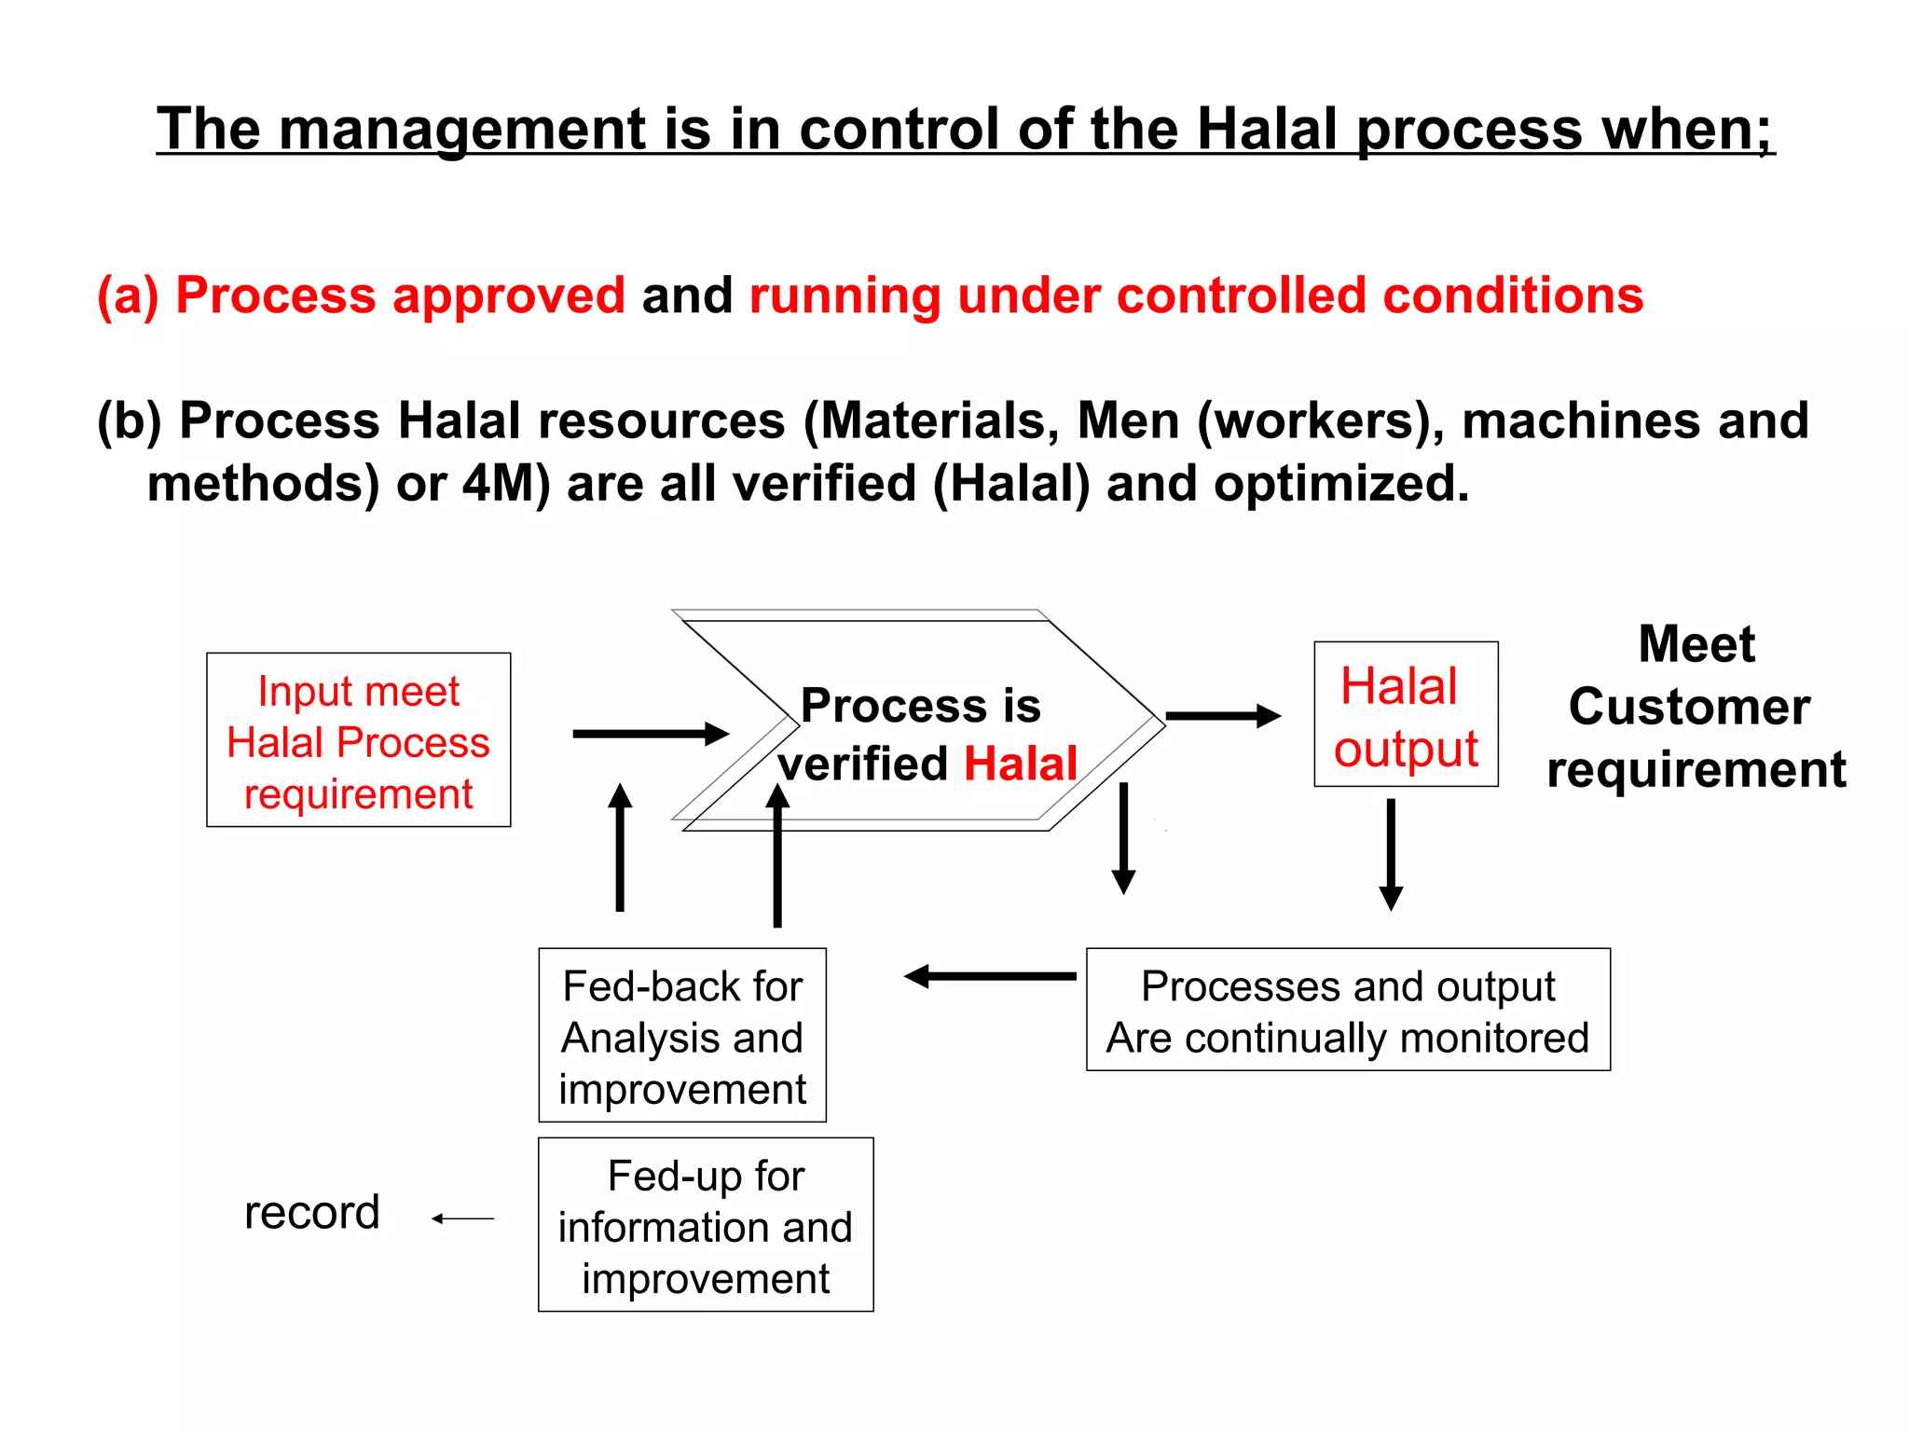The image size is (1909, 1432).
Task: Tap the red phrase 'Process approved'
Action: pyautogui.click(x=400, y=296)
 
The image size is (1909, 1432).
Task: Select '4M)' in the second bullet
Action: pyautogui.click(x=506, y=484)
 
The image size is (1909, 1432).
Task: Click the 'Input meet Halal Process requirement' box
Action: pyautogui.click(x=358, y=740)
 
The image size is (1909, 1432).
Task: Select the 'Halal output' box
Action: pyautogui.click(x=1406, y=715)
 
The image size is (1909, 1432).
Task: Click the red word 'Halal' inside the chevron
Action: pyautogui.click(x=1020, y=764)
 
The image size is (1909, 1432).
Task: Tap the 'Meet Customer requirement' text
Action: pyautogui.click(x=1696, y=707)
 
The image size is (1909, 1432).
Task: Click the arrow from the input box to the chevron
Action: pyautogui.click(x=650, y=734)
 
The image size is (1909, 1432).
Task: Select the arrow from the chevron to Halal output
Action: pyautogui.click(x=1222, y=716)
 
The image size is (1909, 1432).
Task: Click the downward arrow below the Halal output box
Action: pyautogui.click(x=1391, y=853)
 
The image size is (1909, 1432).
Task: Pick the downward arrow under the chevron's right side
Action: pyautogui.click(x=1124, y=837)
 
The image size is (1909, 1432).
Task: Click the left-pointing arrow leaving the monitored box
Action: pyautogui.click(x=990, y=976)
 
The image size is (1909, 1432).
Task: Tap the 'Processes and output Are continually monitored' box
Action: pyautogui.click(x=1348, y=1011)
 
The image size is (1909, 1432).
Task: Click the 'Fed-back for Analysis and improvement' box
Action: pyautogui.click(x=682, y=1036)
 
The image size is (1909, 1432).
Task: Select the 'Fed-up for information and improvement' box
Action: pyautogui.click(x=706, y=1225)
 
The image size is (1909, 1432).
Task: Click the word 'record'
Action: pyautogui.click(x=312, y=1212)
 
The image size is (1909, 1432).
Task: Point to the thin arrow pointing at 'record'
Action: pyautogui.click(x=463, y=1219)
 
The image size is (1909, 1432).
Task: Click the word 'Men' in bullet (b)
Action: pyautogui.click(x=1128, y=420)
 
